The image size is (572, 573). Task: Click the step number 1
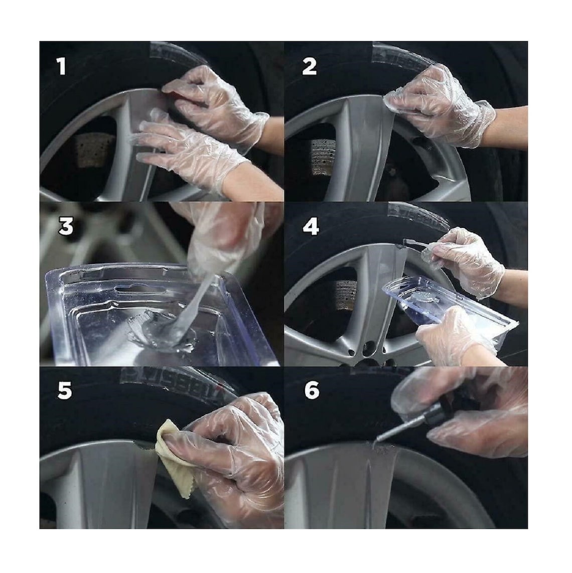coord(61,66)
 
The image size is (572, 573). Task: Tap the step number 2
coord(309,66)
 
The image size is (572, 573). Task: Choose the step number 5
coord(64,391)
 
